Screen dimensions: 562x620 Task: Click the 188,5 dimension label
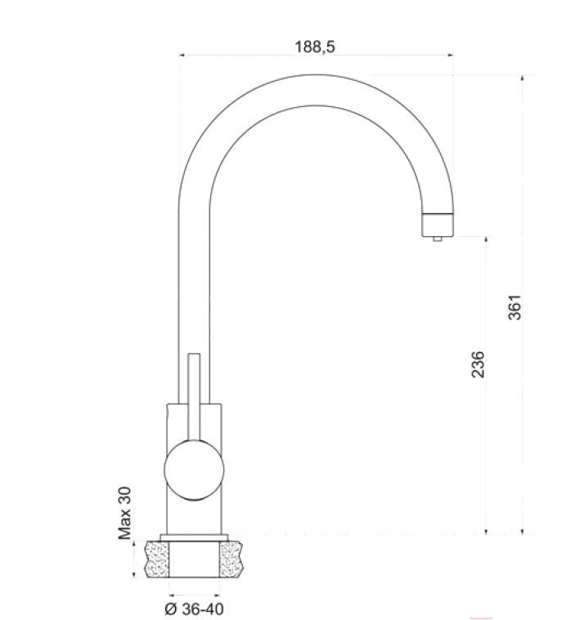pos(315,47)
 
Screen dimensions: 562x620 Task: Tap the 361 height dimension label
pos(515,307)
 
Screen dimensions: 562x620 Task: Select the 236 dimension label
pos(478,364)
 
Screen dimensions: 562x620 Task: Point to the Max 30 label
pos(124,513)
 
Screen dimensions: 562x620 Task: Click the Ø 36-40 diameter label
pos(194,609)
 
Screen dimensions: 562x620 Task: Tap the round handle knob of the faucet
pos(194,470)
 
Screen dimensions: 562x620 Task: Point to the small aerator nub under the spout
pos(437,239)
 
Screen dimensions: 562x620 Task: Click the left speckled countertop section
pos(157,559)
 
